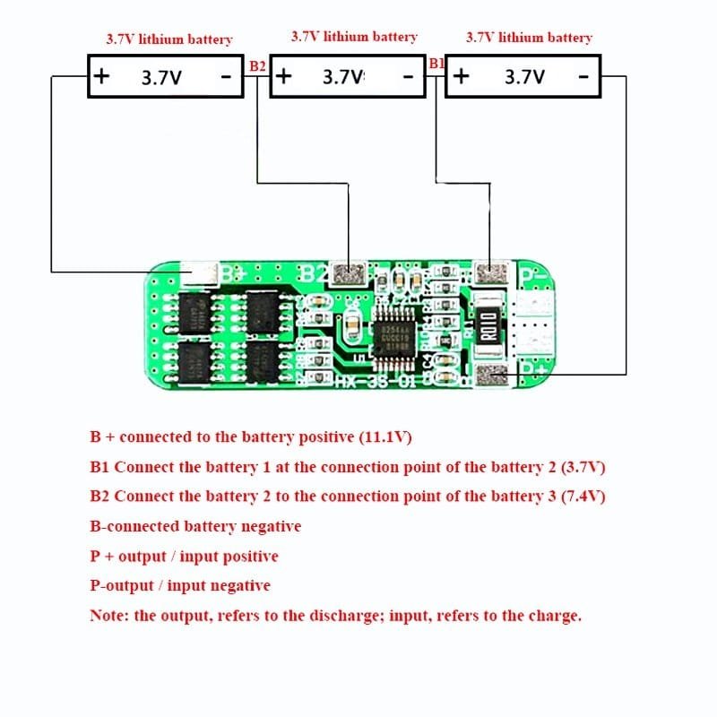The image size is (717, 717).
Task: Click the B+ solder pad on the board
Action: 199,273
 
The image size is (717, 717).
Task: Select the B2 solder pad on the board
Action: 345,272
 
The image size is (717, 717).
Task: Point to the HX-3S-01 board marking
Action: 369,383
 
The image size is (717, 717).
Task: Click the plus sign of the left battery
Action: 102,76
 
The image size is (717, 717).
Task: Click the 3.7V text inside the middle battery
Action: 343,77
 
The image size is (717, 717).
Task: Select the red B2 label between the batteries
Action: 257,65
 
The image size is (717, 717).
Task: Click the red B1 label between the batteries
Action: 436,64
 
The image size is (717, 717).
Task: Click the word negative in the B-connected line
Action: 267,526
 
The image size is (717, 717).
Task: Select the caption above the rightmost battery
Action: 529,38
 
